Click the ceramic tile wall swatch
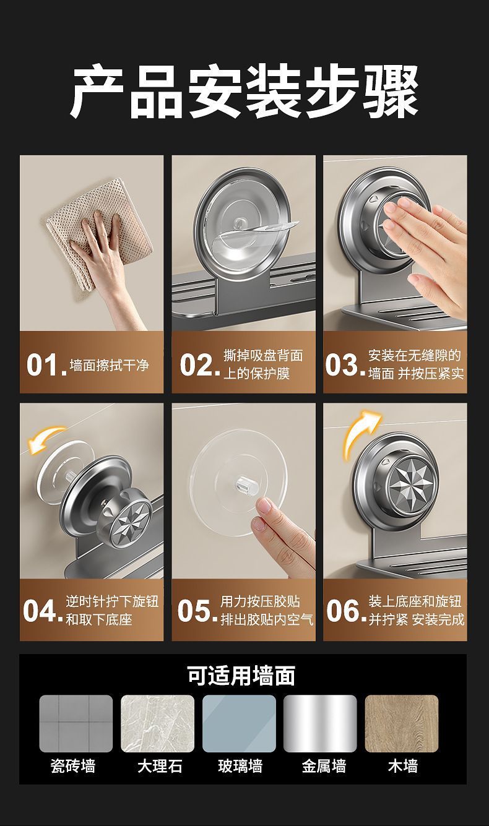point(76,723)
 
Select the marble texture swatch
point(157,723)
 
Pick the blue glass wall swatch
point(239,723)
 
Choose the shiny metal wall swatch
point(320,723)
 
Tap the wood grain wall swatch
point(402,723)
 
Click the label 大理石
point(160,766)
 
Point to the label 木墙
point(403,766)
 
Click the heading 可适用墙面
point(241,676)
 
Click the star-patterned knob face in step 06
point(412,481)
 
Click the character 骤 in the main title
point(391,91)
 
